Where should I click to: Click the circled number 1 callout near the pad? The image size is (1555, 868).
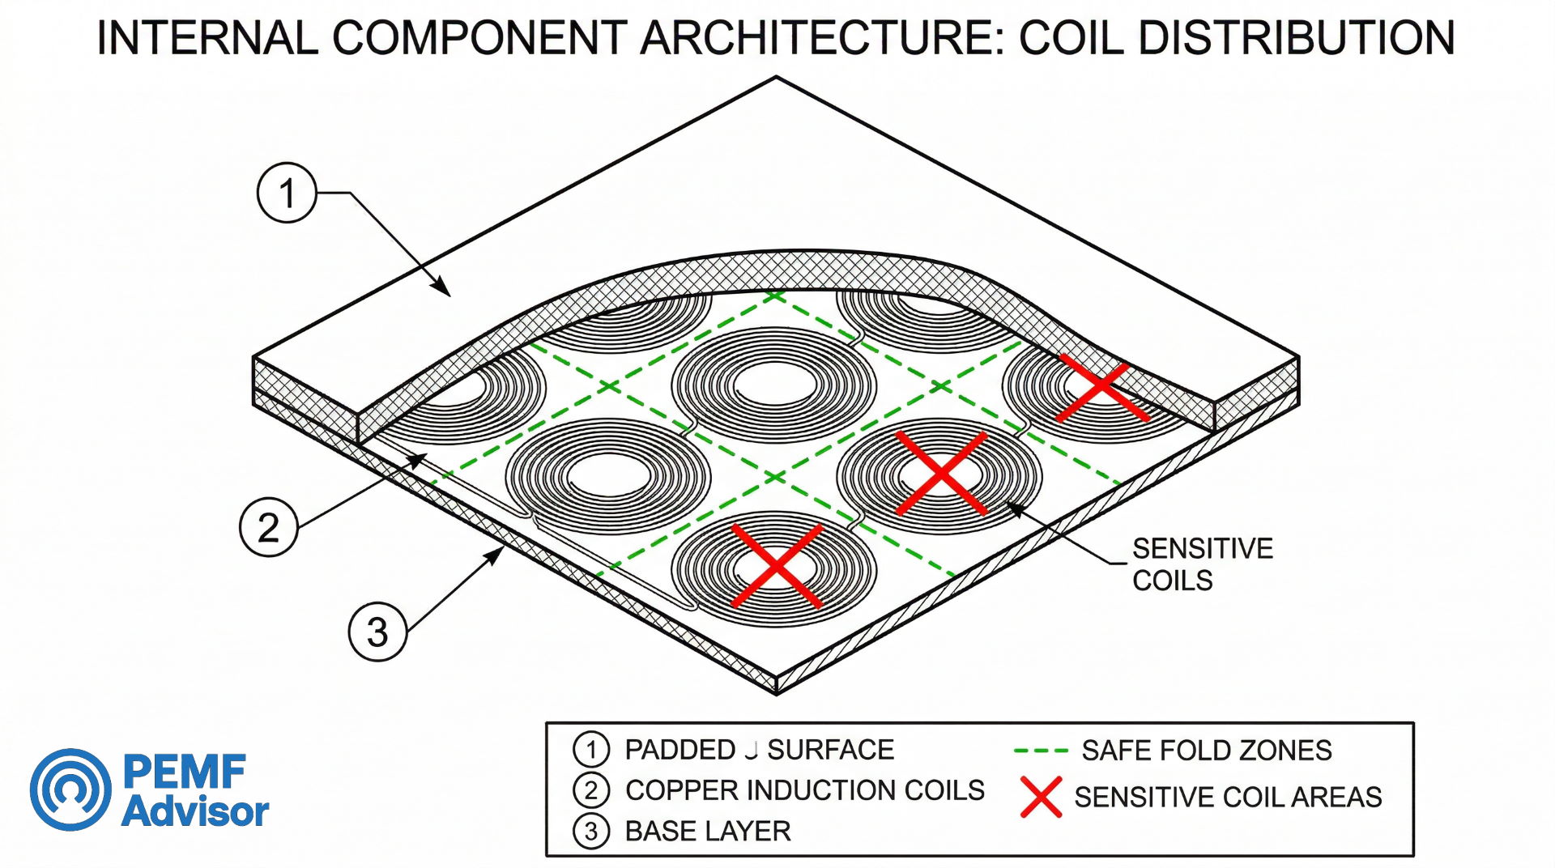(287, 193)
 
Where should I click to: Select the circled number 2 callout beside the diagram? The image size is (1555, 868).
(269, 527)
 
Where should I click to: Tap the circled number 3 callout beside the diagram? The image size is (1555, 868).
(377, 632)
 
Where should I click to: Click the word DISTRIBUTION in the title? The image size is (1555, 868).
(1296, 38)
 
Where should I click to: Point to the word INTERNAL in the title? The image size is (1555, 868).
(207, 38)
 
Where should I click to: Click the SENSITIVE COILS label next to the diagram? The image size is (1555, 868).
(1201, 564)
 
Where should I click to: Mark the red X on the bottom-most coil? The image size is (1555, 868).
(777, 565)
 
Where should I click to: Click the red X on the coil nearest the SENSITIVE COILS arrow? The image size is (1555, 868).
(941, 473)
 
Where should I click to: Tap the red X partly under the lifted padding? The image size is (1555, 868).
(1101, 391)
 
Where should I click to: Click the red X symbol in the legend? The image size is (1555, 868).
(1041, 797)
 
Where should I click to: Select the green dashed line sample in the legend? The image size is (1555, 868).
(1041, 751)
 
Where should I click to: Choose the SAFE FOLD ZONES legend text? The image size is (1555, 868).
(1206, 751)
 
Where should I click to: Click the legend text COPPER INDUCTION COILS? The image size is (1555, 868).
(804, 790)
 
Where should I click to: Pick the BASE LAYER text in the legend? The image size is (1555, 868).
(707, 832)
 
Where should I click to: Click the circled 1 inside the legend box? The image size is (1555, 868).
(590, 750)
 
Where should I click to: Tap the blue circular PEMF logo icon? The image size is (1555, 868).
(71, 789)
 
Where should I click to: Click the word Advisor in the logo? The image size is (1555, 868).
(195, 812)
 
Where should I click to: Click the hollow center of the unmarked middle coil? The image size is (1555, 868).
(773, 383)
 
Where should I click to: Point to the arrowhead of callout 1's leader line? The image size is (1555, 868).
(444, 291)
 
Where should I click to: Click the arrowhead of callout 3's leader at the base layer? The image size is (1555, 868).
(496, 554)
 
